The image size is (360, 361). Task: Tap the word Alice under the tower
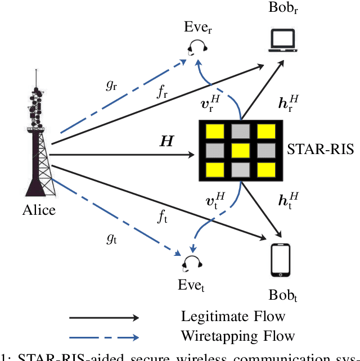click(x=39, y=210)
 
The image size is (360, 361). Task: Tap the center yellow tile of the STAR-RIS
click(x=241, y=150)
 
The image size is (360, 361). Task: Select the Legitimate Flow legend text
click(x=233, y=317)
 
